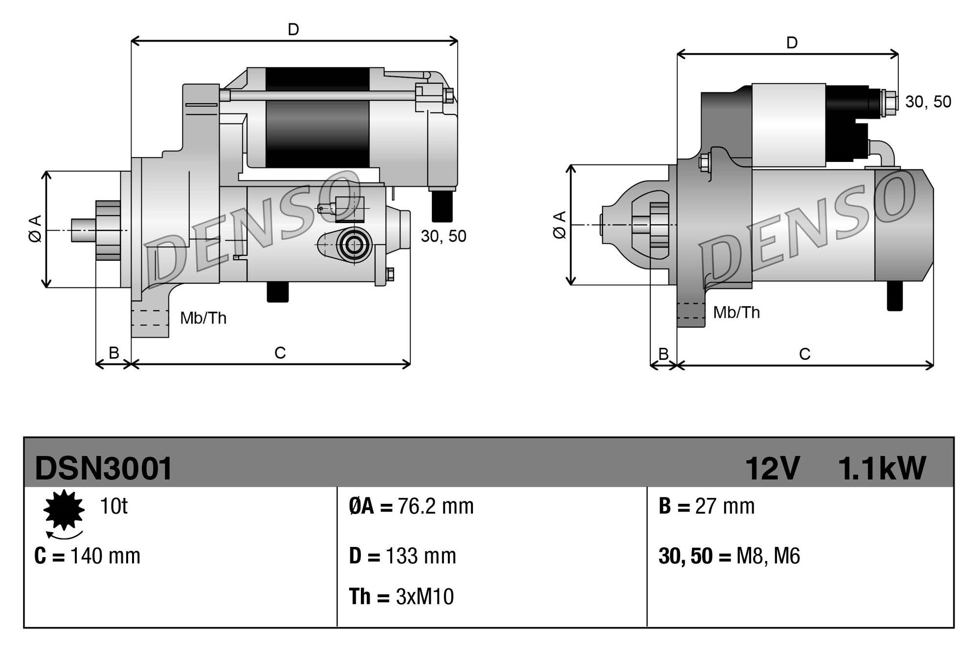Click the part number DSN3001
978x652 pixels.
[x=104, y=469]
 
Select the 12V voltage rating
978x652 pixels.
[x=772, y=469]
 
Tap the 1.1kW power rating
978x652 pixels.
[x=882, y=469]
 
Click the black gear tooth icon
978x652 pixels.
[x=64, y=510]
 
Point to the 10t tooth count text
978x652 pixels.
[x=113, y=506]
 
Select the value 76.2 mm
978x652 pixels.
[x=435, y=506]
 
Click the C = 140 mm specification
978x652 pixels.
[x=88, y=556]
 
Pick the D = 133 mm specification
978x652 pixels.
[x=402, y=556]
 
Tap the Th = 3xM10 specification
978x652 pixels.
[x=401, y=597]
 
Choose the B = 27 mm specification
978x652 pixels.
[x=707, y=506]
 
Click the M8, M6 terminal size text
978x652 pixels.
[x=768, y=556]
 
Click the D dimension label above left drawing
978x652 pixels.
[x=293, y=30]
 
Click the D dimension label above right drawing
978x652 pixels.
[x=792, y=43]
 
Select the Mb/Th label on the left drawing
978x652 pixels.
[x=203, y=318]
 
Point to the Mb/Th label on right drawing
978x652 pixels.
[x=736, y=313]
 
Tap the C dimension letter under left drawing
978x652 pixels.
[x=280, y=353]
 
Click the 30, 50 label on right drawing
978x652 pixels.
[x=928, y=102]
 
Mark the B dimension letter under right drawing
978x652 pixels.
[x=663, y=354]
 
